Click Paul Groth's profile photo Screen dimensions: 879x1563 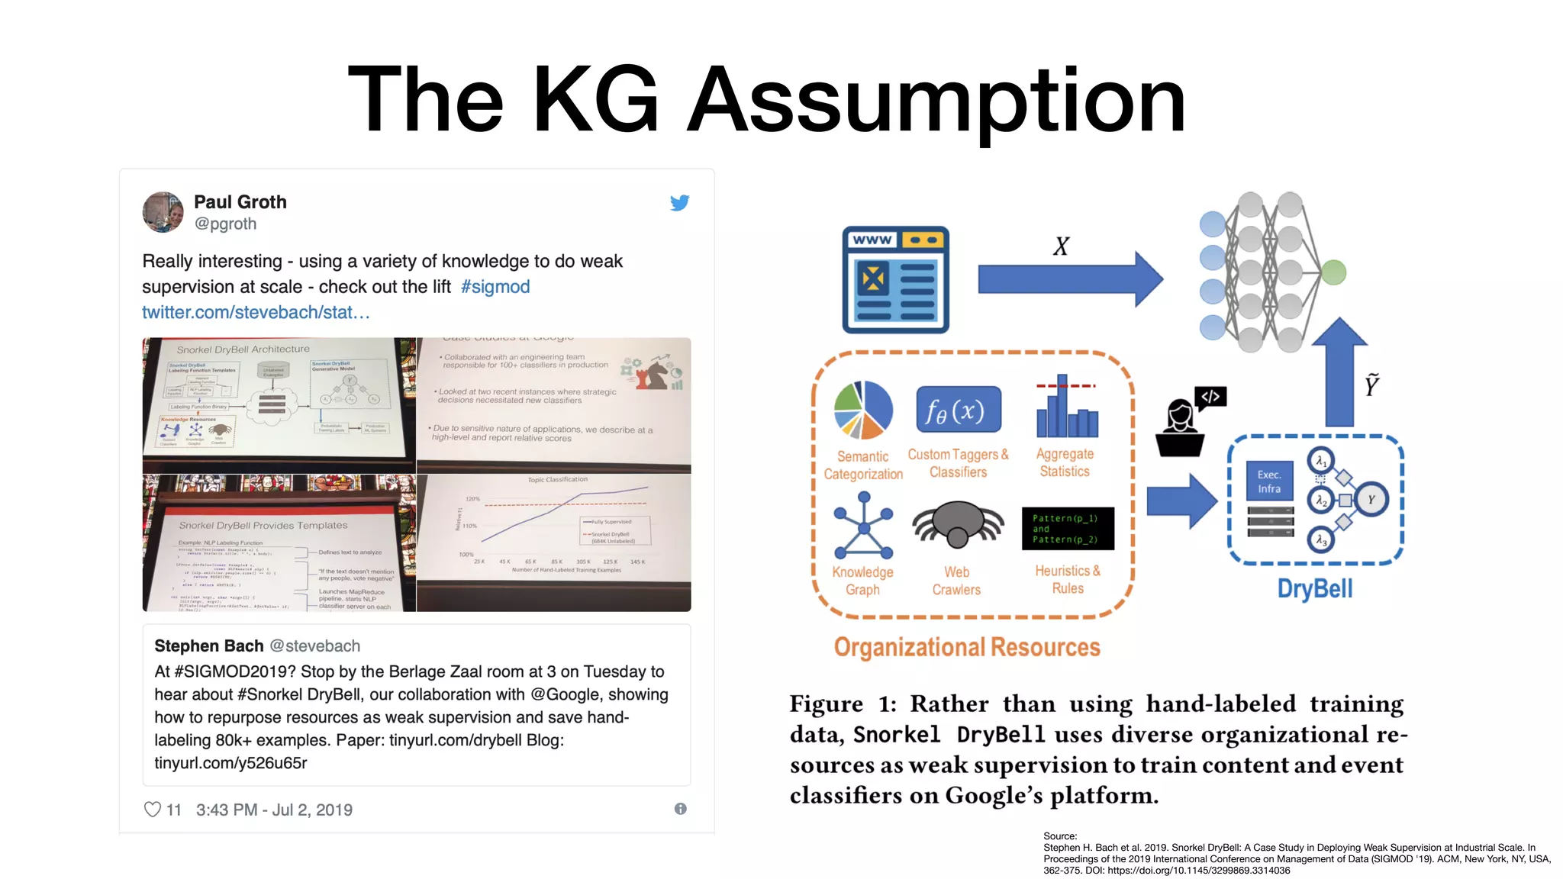(x=163, y=212)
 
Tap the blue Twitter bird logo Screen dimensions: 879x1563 (x=679, y=203)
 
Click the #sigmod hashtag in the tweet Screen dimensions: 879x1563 (x=495, y=287)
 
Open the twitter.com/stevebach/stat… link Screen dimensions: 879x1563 (x=256, y=312)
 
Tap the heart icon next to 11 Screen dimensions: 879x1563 (x=153, y=810)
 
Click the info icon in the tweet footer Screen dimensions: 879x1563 (x=680, y=809)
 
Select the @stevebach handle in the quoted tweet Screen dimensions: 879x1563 (x=315, y=646)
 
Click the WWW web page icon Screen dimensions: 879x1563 (x=895, y=279)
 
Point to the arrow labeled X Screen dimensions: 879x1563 (x=1068, y=279)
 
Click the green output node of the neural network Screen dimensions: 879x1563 (x=1333, y=272)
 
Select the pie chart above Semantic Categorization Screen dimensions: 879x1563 (x=863, y=410)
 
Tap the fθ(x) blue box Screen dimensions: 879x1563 (x=958, y=411)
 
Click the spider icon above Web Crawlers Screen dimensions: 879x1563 (x=957, y=524)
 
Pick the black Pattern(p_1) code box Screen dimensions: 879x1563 (x=1068, y=528)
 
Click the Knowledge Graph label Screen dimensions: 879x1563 (x=862, y=581)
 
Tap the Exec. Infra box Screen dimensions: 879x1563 (x=1269, y=481)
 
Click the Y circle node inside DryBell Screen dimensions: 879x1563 (x=1371, y=500)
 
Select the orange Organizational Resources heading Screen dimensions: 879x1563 (x=966, y=647)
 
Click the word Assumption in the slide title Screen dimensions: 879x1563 (x=936, y=100)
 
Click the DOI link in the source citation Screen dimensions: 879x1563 (x=1198, y=871)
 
